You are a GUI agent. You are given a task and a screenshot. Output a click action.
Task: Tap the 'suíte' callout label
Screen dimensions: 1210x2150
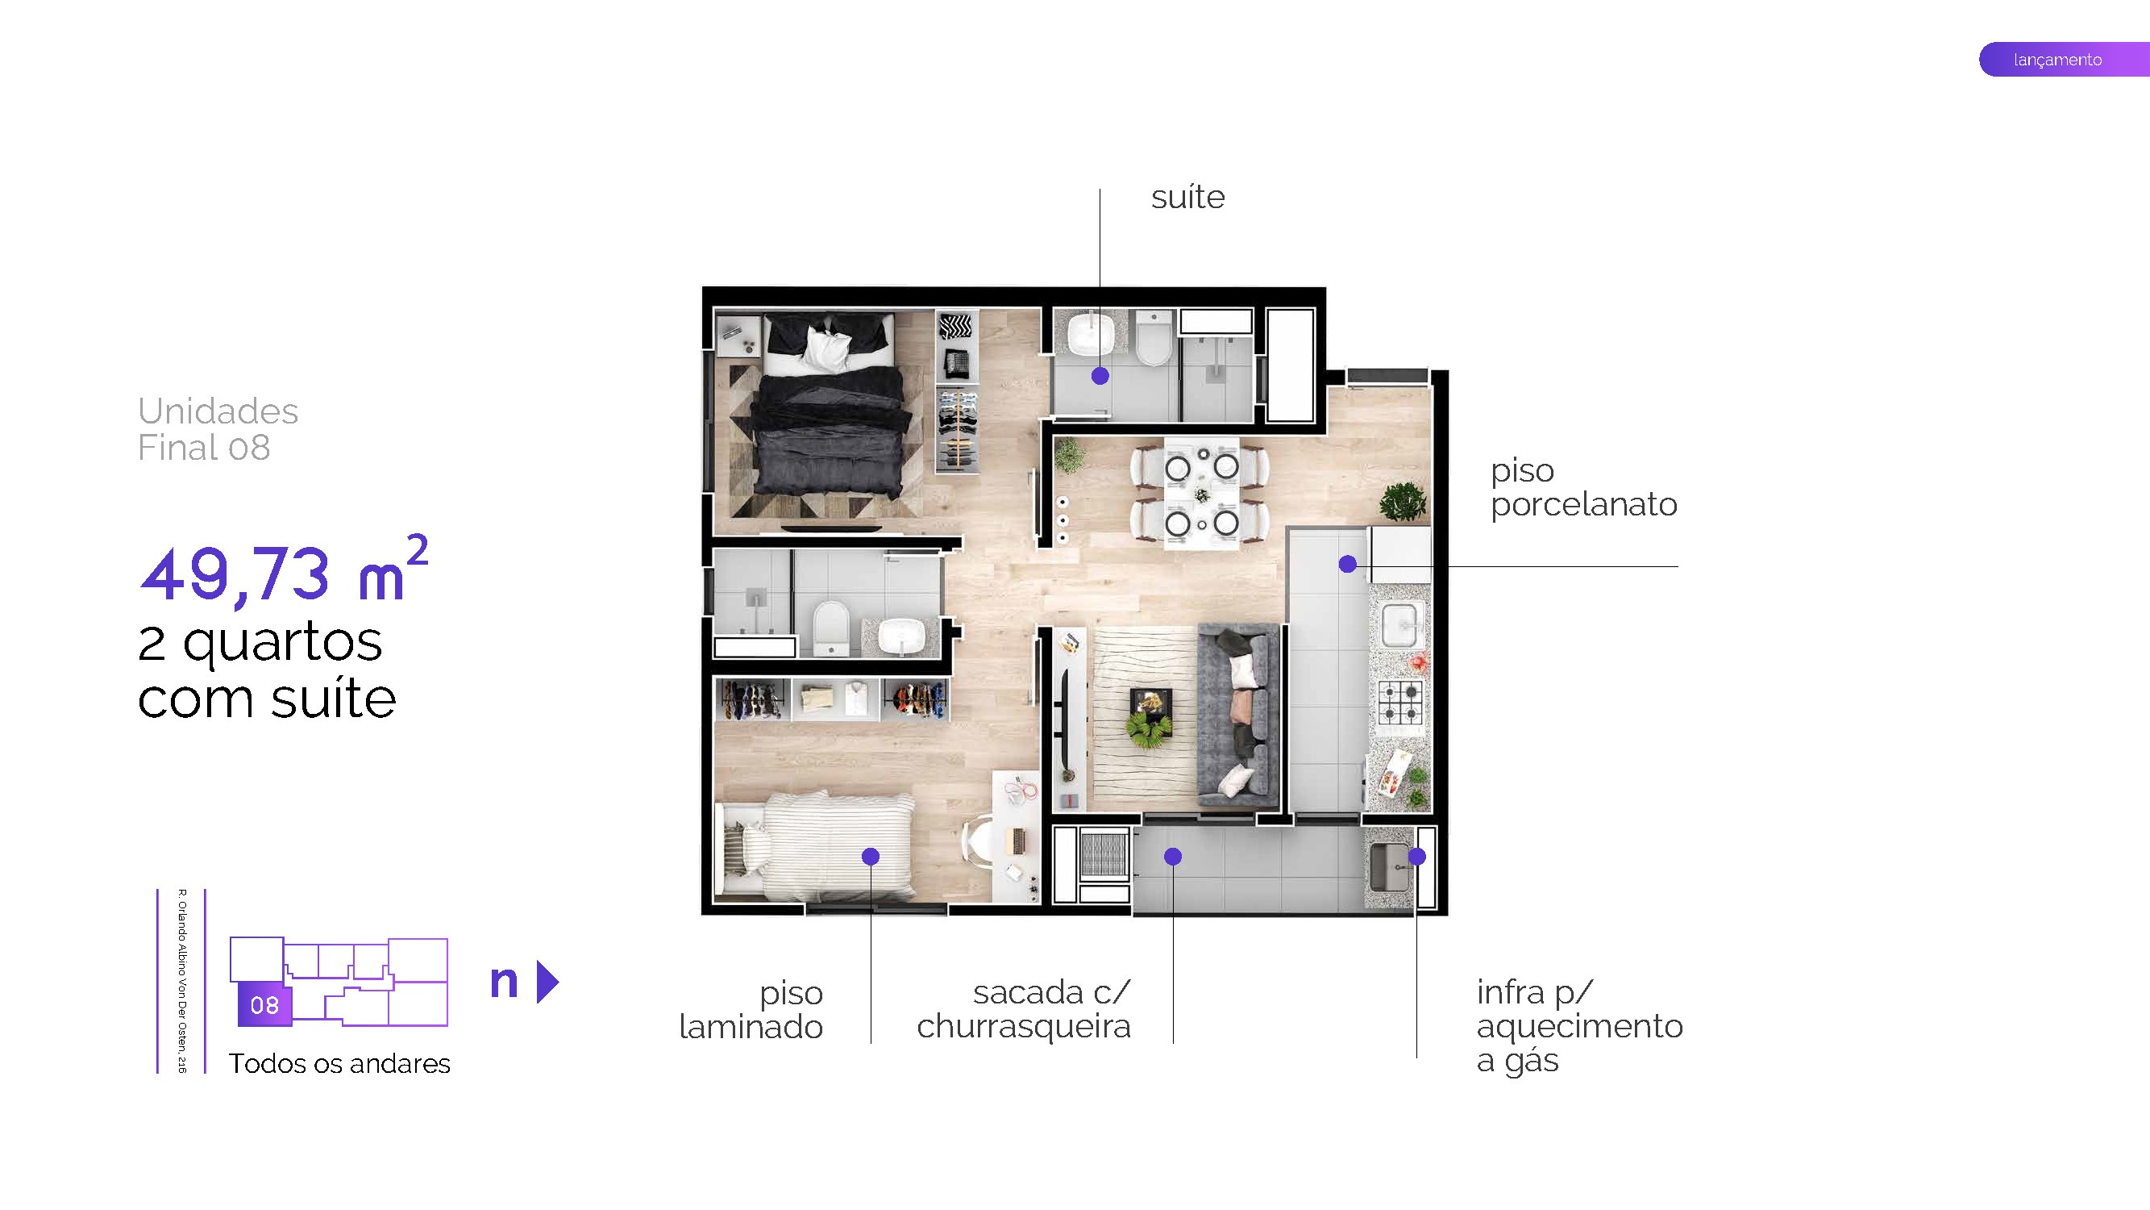coord(1187,198)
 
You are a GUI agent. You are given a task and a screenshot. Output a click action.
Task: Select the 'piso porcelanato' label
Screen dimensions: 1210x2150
coord(1582,488)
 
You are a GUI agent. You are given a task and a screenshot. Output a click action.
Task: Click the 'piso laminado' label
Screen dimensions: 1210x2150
coord(751,1010)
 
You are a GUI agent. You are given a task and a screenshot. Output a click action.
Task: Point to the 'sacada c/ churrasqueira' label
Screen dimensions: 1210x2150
coord(1025,1009)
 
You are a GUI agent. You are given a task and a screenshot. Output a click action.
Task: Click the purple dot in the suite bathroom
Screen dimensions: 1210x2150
coord(1100,376)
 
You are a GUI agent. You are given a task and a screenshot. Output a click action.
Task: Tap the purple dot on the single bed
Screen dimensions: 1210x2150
coord(870,856)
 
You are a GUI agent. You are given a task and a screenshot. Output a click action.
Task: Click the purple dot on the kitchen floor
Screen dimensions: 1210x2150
coord(1347,565)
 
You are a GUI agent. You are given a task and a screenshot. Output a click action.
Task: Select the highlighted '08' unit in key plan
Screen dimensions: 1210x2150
coord(264,1004)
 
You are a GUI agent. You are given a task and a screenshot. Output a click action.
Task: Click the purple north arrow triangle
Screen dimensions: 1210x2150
coord(547,982)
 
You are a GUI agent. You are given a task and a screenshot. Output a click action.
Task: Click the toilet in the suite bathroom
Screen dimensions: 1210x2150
coord(1155,340)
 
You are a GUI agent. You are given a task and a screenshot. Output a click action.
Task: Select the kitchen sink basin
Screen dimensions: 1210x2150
coord(1399,625)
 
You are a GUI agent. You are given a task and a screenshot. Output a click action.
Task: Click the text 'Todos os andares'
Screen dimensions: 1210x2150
coord(339,1064)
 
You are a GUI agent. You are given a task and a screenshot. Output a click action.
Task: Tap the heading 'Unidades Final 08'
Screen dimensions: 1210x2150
coord(217,429)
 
